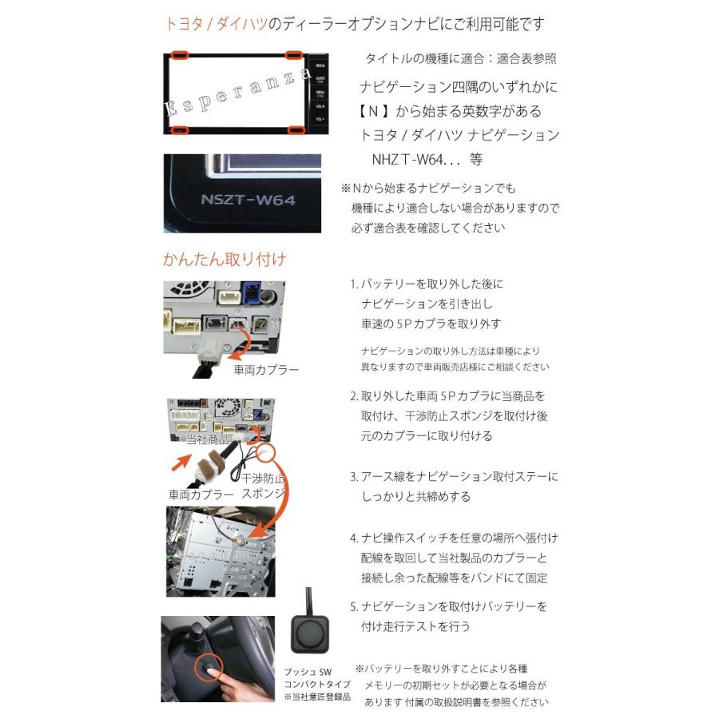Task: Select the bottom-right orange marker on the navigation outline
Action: pyautogui.click(x=296, y=129)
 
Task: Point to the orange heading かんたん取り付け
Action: pyautogui.click(x=224, y=259)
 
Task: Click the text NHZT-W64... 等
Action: pyautogui.click(x=427, y=159)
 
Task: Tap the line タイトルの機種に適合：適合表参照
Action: pyautogui.click(x=460, y=59)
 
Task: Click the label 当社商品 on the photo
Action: pyautogui.click(x=207, y=439)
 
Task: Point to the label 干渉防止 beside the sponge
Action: pyautogui.click(x=263, y=479)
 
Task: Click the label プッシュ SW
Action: pyautogui.click(x=307, y=673)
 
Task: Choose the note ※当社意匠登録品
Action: pyautogui.click(x=317, y=697)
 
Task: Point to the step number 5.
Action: pyautogui.click(x=353, y=606)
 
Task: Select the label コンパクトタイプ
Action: pyautogui.click(x=317, y=685)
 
